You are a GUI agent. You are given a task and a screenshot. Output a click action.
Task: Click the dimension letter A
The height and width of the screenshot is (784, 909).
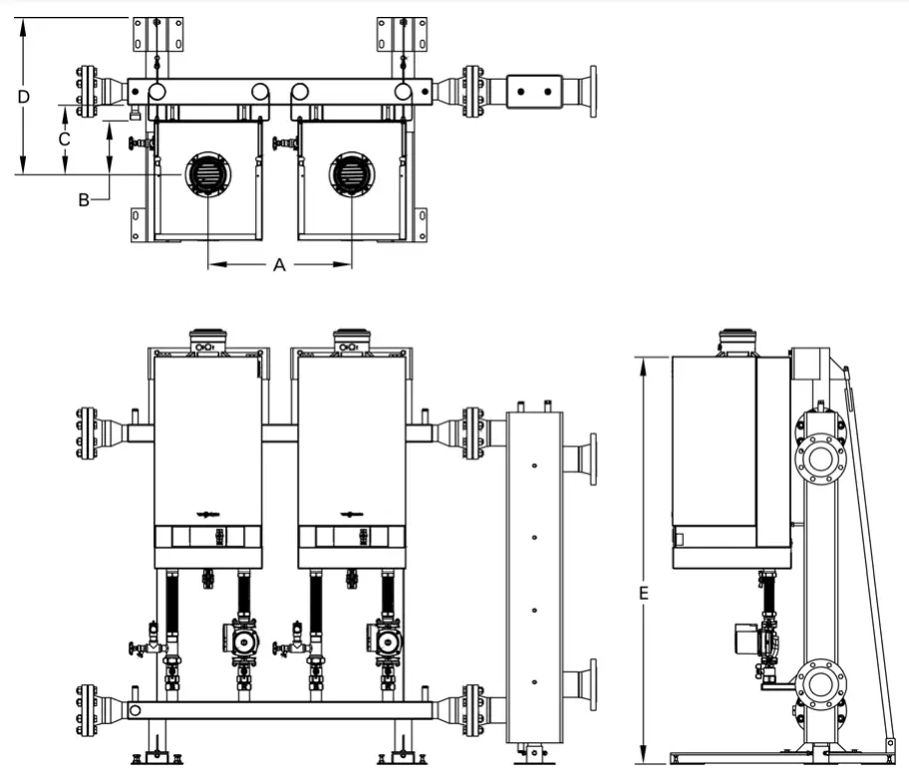[x=280, y=265]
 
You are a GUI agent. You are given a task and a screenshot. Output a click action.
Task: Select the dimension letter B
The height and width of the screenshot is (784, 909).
[x=85, y=200]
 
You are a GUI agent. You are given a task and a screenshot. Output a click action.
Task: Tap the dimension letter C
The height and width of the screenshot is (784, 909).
[x=64, y=139]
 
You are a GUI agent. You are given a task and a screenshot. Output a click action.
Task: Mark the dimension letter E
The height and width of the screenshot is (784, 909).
[x=644, y=594]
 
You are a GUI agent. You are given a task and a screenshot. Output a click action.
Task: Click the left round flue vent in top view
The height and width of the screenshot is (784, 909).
[x=207, y=175]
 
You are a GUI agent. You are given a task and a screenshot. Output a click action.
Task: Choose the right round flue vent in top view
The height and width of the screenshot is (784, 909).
[x=352, y=175]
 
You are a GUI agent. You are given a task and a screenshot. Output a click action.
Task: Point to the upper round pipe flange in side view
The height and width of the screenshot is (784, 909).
[x=819, y=458]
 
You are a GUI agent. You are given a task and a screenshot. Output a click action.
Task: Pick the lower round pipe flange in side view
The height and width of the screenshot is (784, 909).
[x=819, y=684]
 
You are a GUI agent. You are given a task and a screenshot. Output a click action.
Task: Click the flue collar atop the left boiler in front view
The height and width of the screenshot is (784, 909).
[x=207, y=340]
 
